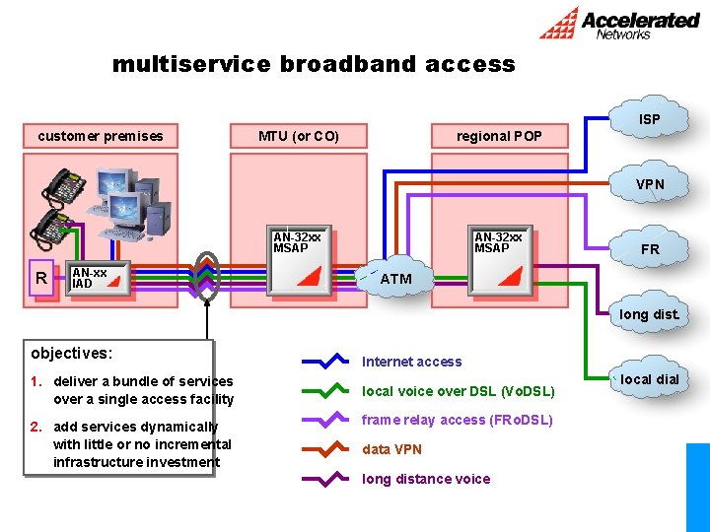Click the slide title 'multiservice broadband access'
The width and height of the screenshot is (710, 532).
(x=314, y=65)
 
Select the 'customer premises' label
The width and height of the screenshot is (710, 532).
(x=101, y=136)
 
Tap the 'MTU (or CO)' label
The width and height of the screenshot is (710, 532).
(x=298, y=136)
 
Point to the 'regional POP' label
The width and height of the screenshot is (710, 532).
(x=498, y=136)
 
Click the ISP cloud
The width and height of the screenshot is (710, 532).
(x=649, y=119)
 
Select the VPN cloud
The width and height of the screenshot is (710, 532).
(x=649, y=184)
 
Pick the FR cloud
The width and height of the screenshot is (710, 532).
(x=649, y=249)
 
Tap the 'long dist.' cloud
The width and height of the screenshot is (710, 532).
(x=649, y=314)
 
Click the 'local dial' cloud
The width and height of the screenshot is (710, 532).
(x=649, y=379)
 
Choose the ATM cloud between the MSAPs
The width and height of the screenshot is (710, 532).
(x=395, y=279)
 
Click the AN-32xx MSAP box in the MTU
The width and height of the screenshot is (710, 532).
(x=301, y=263)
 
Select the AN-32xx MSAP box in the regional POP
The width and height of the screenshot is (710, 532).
(x=502, y=263)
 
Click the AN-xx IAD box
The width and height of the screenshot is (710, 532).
(x=100, y=278)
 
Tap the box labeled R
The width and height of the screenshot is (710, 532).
(x=41, y=278)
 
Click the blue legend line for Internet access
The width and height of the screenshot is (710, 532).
(x=326, y=362)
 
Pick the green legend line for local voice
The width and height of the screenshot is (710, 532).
(x=326, y=391)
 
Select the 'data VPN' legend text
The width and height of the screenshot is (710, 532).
(x=391, y=449)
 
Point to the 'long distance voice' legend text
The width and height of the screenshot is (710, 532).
(x=426, y=479)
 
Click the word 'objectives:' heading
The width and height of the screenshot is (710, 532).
(x=72, y=353)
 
